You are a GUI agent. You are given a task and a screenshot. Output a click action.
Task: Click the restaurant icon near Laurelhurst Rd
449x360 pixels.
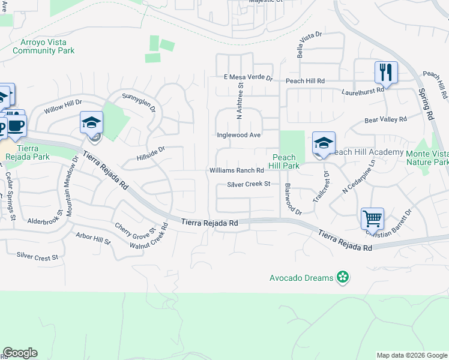(x=387, y=73)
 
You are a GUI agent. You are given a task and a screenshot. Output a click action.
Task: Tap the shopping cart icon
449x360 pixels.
(x=373, y=219)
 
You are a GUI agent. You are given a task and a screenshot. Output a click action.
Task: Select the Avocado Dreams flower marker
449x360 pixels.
(x=342, y=278)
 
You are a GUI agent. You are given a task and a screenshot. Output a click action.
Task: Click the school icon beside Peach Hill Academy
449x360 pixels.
(x=324, y=143)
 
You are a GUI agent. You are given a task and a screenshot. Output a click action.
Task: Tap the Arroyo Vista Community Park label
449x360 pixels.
(x=44, y=47)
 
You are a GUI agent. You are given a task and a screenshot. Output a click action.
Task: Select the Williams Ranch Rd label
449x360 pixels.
(x=237, y=171)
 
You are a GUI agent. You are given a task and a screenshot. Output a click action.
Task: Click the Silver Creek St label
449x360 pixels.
(x=249, y=184)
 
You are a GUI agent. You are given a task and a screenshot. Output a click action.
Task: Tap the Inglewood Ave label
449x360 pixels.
(x=238, y=136)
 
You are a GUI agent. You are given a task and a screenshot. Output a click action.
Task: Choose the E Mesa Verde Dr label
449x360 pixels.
(x=248, y=78)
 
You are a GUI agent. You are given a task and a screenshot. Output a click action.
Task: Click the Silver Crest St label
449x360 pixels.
(x=37, y=256)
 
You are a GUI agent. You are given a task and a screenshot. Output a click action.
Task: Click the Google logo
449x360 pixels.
(x=20, y=353)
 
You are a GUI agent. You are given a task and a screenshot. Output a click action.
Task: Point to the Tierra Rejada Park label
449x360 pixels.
(x=22, y=152)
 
